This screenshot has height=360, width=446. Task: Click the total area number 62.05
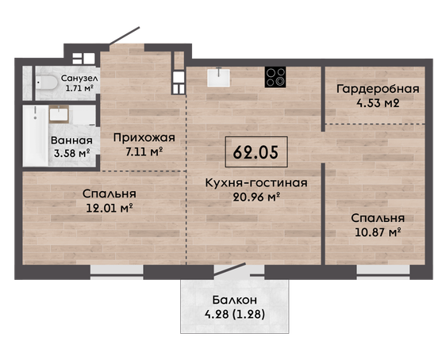tap(256, 152)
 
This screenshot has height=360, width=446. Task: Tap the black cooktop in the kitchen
tap(275, 77)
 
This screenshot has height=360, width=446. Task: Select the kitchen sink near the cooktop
tap(218, 77)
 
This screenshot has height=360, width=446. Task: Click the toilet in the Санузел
tap(47, 82)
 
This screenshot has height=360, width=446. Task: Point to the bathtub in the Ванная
tap(36, 136)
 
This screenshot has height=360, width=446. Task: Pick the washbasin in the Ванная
tap(59, 114)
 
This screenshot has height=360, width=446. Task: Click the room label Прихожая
tap(144, 138)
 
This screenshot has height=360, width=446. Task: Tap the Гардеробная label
tap(378, 90)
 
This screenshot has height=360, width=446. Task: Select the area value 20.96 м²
tap(256, 197)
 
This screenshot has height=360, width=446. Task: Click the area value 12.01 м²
tap(110, 209)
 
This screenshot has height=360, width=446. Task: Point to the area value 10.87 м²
tap(378, 232)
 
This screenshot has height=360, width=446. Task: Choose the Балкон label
tap(235, 300)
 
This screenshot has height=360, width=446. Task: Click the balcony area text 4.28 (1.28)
tap(235, 314)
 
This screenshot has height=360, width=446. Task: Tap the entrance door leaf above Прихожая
tap(125, 36)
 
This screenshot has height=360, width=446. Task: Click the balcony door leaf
tap(230, 270)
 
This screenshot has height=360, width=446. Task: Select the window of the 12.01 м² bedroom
tap(117, 273)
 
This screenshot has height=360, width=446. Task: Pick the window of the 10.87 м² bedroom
tap(383, 273)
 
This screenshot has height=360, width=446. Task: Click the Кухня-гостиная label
tap(256, 183)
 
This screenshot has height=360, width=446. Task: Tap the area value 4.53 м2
tap(378, 103)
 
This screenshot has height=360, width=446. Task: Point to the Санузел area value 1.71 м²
tap(79, 88)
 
